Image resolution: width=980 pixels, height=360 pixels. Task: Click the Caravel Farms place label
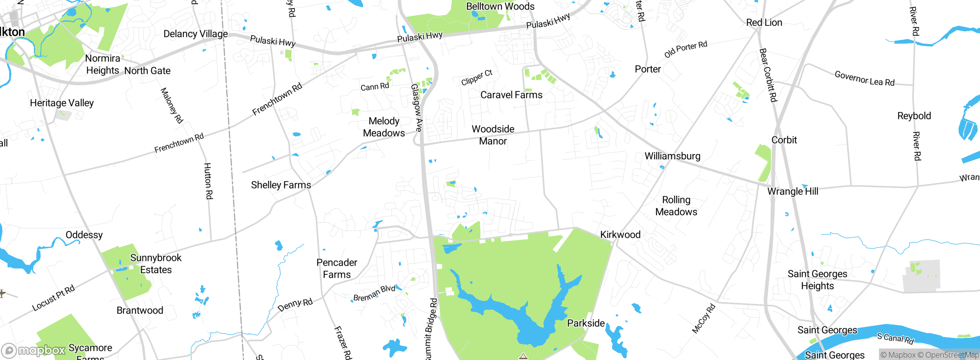[511, 95]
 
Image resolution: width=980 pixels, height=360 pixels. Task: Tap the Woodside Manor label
[493, 135]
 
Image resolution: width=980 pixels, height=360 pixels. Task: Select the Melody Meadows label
[384, 127]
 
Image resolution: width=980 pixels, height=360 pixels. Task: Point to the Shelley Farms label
[281, 185]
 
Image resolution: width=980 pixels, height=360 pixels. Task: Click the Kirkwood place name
[620, 235]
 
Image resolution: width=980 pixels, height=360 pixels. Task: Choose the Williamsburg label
[673, 156]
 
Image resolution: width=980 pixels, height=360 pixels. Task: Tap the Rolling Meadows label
[676, 206]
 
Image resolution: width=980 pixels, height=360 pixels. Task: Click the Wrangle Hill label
[793, 191]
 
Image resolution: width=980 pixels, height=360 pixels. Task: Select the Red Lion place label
[764, 23]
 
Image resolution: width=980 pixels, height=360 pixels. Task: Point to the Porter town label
[648, 69]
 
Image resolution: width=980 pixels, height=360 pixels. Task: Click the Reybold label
[914, 116]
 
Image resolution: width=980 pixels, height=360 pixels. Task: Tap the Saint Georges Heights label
[817, 280]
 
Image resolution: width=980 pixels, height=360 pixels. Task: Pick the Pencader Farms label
[337, 268]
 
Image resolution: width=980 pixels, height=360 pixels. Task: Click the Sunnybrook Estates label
[156, 264]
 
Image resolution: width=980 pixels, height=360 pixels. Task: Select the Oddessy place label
[84, 235]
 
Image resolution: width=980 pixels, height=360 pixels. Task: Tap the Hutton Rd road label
[208, 181]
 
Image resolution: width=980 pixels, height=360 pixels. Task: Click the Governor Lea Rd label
[864, 79]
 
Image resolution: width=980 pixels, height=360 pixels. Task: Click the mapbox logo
[34, 350]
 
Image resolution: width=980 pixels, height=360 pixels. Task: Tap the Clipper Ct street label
[477, 78]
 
